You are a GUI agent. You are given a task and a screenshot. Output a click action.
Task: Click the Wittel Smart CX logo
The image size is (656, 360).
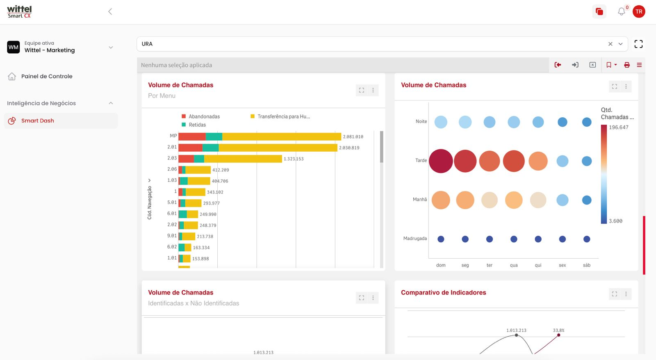pyautogui.click(x=19, y=11)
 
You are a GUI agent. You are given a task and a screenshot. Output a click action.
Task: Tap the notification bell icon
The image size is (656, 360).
pyautogui.click(x=622, y=12)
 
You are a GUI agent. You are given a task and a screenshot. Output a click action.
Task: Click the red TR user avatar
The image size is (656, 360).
pyautogui.click(x=639, y=11)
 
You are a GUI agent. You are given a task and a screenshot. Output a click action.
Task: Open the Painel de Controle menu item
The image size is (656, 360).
pyautogui.click(x=46, y=76)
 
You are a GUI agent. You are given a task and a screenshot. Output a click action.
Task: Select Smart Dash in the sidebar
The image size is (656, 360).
pyautogui.click(x=37, y=121)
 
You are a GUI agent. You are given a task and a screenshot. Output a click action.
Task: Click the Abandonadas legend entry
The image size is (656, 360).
pyautogui.click(x=204, y=116)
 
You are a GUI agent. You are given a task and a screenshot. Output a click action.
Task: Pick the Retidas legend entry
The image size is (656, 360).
pyautogui.click(x=197, y=125)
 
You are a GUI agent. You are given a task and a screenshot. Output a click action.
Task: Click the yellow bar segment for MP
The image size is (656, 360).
pyautogui.click(x=281, y=137)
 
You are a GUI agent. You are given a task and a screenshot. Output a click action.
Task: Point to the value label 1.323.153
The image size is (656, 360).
pyautogui.click(x=294, y=159)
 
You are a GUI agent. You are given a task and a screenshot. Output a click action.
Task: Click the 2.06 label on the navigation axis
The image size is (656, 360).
pyautogui.click(x=172, y=169)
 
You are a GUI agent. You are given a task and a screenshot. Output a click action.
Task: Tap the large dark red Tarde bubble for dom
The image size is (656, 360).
pyautogui.click(x=441, y=161)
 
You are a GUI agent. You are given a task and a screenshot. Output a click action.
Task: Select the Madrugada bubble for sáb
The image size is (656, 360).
pyautogui.click(x=587, y=239)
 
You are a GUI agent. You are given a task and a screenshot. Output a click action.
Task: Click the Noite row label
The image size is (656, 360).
pyautogui.click(x=421, y=121)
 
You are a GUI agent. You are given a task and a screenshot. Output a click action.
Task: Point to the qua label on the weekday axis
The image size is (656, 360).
pyautogui.click(x=514, y=265)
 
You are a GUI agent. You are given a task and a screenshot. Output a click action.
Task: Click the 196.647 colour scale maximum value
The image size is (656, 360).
pyautogui.click(x=618, y=128)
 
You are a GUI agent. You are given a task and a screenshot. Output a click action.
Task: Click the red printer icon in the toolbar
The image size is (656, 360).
pyautogui.click(x=627, y=65)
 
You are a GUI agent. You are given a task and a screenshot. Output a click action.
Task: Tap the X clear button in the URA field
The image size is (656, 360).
pyautogui.click(x=610, y=44)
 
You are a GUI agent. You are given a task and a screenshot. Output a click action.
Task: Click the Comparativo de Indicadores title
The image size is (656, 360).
pyautogui.click(x=443, y=292)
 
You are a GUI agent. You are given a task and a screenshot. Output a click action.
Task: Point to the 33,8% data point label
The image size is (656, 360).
pyautogui.click(x=558, y=330)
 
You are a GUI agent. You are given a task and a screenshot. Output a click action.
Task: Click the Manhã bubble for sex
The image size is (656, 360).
pyautogui.click(x=563, y=200)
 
